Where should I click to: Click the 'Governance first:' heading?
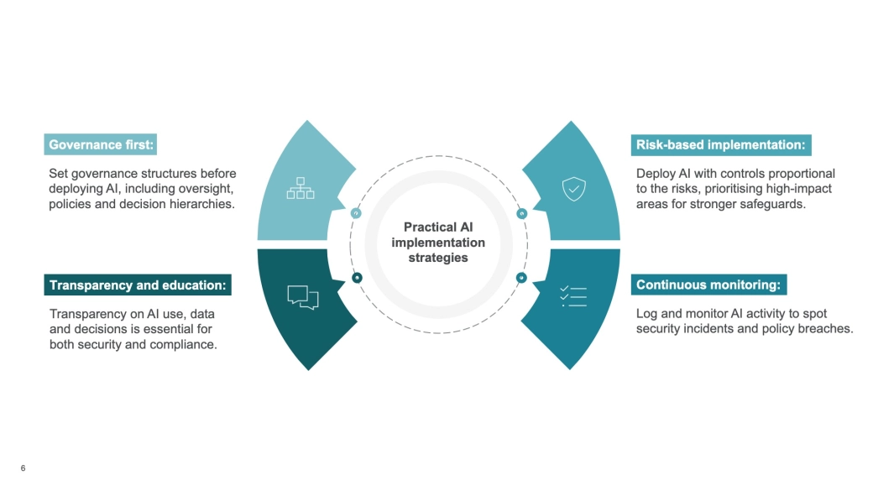coord(101,144)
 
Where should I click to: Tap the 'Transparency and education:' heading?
coord(138,285)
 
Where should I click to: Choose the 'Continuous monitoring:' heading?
coord(708,285)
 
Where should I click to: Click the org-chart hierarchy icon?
coord(300,188)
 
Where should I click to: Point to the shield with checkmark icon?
coord(572,189)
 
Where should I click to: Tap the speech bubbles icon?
coord(303,297)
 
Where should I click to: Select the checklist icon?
coord(572,295)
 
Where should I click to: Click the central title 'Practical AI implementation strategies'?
coord(438,242)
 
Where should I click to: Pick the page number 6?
coord(23,468)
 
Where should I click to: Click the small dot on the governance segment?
coord(356,214)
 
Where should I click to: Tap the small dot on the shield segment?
coord(521,214)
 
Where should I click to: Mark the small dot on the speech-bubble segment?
coord(357,277)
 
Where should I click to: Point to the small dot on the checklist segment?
coord(521,277)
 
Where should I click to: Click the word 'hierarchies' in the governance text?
coord(203,204)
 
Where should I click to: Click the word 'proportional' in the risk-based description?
coord(800,174)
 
